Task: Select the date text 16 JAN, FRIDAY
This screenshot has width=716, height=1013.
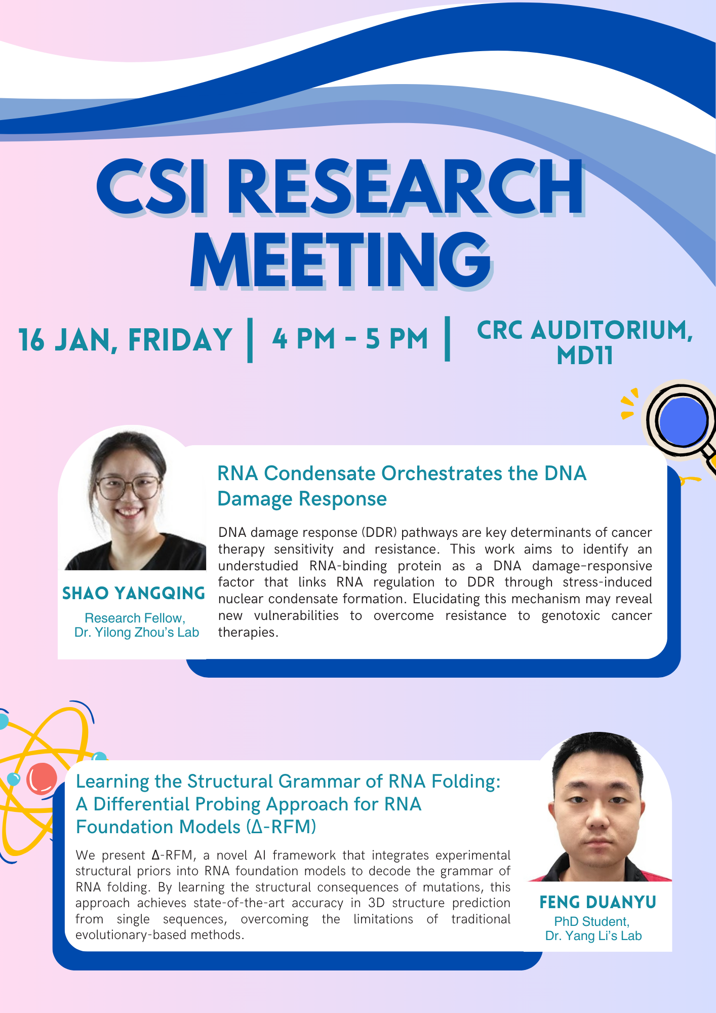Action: (125, 339)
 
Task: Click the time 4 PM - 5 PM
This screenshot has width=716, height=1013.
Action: (350, 339)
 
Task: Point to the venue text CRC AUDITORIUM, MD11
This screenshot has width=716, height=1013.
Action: (585, 342)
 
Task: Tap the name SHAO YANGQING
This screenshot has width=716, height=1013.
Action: (134, 593)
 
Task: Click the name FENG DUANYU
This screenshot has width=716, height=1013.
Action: (598, 902)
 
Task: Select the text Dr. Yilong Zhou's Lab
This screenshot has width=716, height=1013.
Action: (137, 633)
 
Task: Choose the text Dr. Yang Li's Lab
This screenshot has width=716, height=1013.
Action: (593, 936)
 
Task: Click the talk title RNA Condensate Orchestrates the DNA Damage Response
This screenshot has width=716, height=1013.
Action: (402, 486)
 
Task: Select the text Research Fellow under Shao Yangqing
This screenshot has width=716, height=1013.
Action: (135, 618)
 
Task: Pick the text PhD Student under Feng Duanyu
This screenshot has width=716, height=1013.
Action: (592, 921)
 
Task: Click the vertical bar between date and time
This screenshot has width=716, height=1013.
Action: (250, 340)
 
